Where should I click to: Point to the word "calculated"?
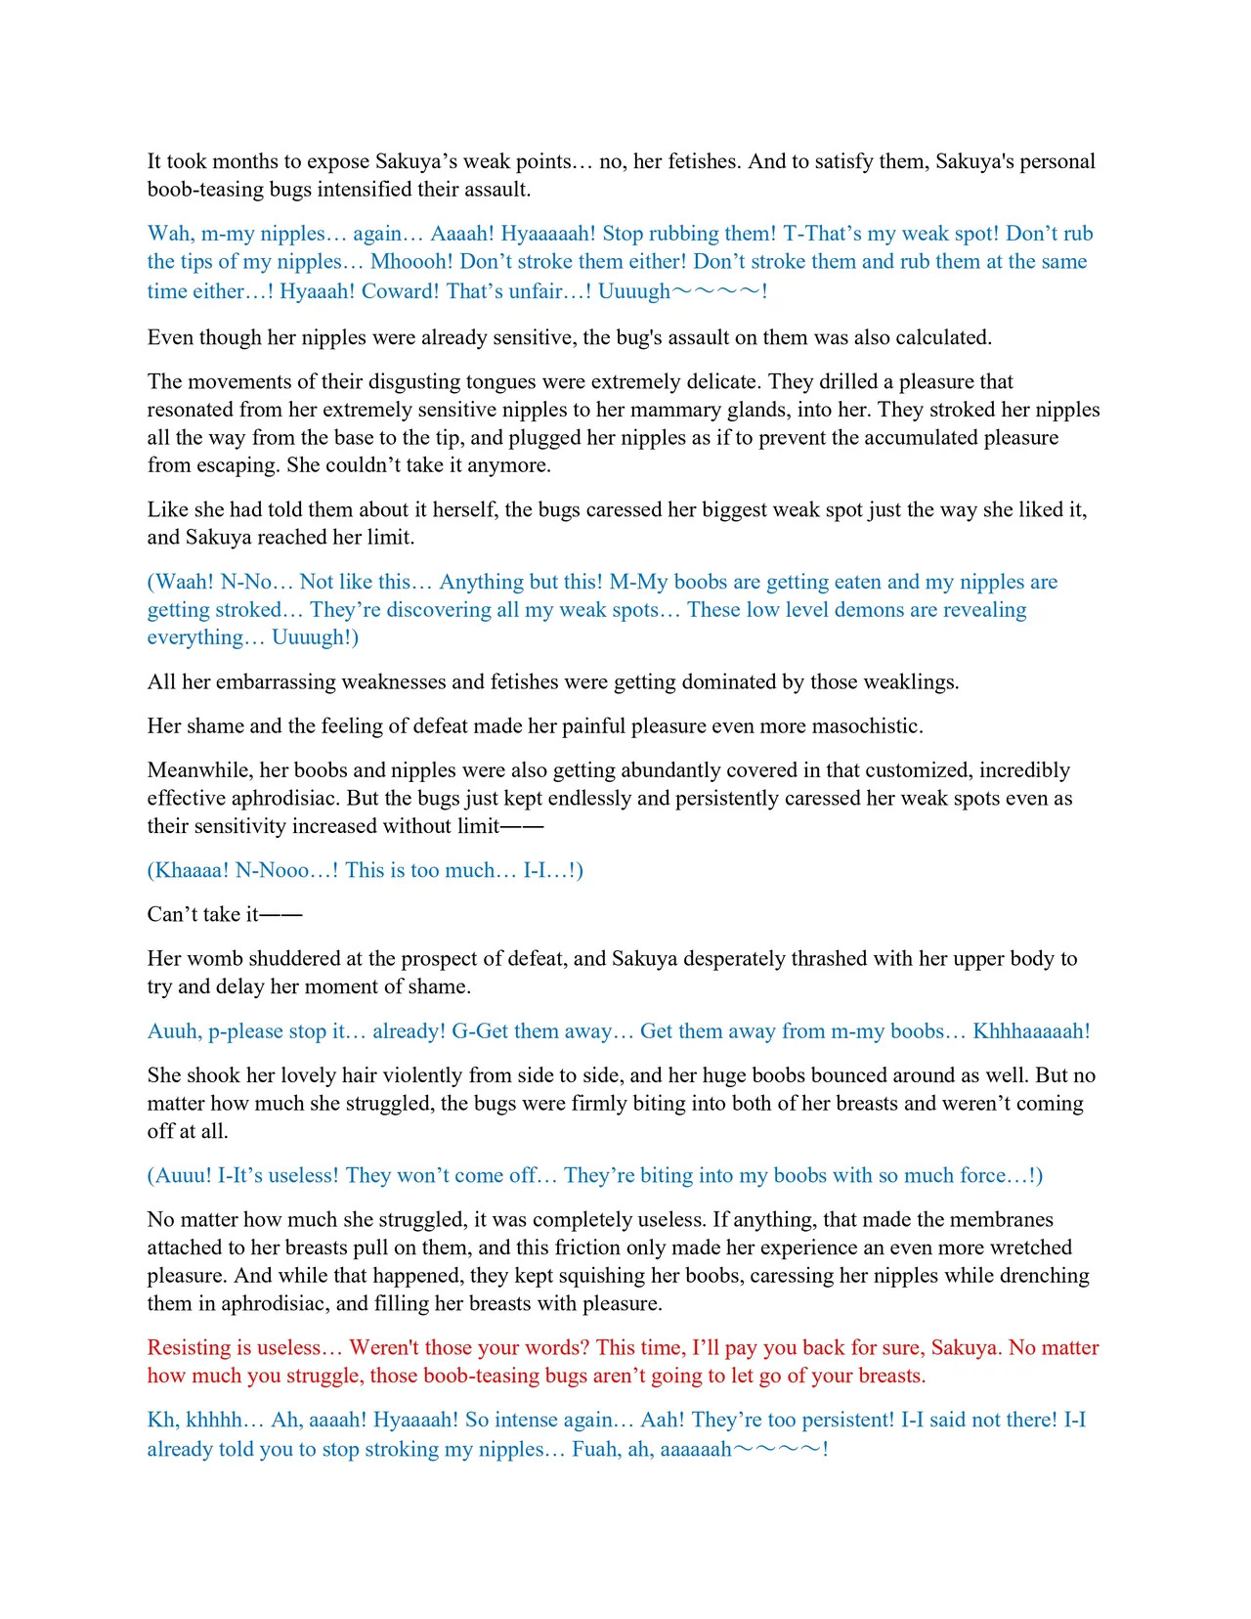click(939, 338)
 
